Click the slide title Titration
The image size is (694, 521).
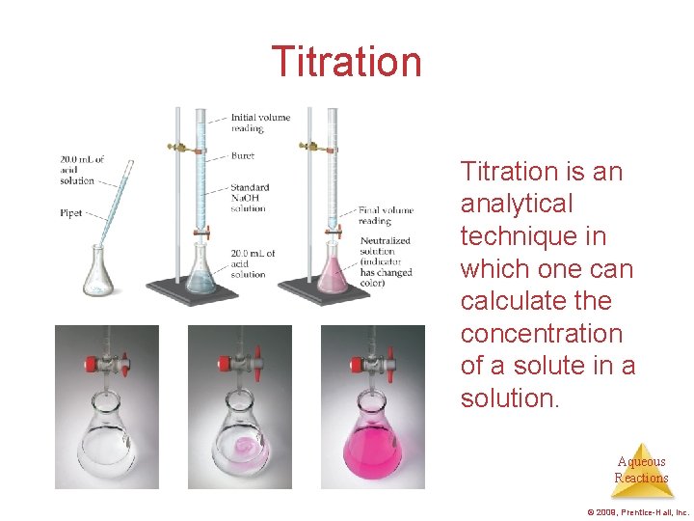[x=346, y=62]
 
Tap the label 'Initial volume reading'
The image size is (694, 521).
[x=260, y=123]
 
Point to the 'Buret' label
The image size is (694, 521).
[x=243, y=155]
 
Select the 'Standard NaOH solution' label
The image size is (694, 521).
[x=250, y=197]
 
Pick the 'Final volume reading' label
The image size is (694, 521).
[x=386, y=214]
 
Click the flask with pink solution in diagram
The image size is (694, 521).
[x=332, y=275]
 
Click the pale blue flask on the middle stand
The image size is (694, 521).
[x=201, y=273]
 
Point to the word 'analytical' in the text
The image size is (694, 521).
[x=517, y=205]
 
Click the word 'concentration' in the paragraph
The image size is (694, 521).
[x=541, y=334]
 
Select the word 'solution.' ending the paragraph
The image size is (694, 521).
[x=509, y=398]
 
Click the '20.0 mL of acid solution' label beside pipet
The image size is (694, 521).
[x=81, y=170]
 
